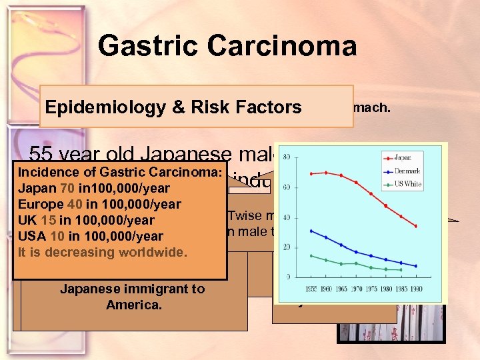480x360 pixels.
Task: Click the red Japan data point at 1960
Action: [x=326, y=173]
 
